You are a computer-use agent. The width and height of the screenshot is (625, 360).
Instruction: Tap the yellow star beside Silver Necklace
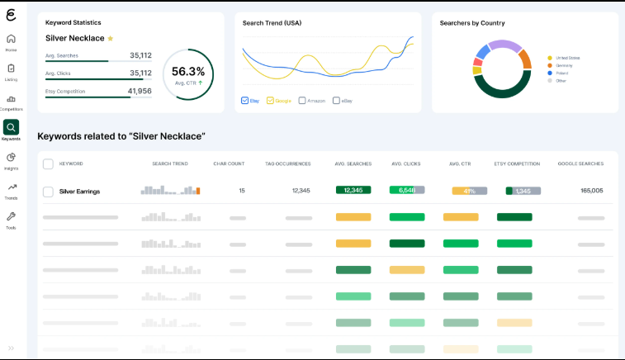111,38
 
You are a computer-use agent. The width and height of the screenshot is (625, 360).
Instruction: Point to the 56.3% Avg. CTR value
188,72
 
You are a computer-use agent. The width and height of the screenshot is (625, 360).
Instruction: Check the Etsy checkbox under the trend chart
244,101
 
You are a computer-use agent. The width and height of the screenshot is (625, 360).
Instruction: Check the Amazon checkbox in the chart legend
302,101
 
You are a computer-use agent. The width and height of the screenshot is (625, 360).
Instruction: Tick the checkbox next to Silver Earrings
48,191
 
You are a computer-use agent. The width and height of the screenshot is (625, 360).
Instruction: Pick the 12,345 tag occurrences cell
301,191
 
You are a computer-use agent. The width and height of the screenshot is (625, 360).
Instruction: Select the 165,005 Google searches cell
591,191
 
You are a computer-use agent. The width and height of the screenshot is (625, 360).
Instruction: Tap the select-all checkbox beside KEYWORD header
48,163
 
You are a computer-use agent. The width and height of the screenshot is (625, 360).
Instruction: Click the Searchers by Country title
472,23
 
